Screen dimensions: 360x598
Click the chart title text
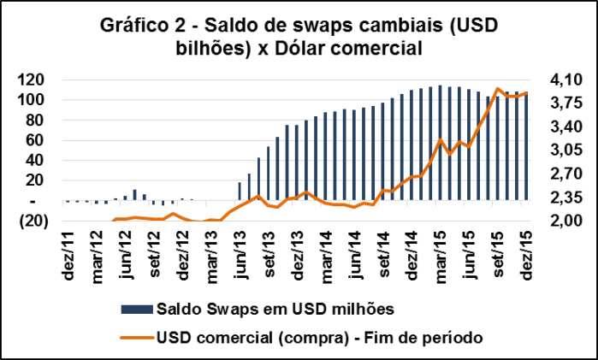point(299,37)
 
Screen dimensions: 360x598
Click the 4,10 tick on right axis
point(567,80)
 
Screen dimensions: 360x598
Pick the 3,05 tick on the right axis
point(567,150)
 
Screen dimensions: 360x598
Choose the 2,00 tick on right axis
point(567,221)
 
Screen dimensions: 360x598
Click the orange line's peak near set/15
point(498,88)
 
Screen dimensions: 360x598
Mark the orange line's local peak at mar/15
point(440,139)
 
